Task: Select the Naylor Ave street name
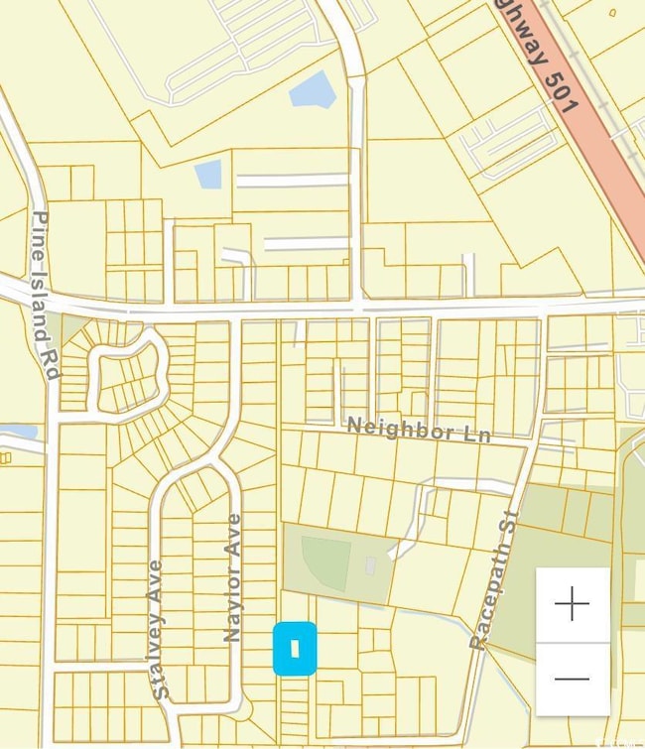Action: (233, 577)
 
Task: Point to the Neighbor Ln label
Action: (418, 431)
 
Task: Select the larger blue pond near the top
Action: (313, 89)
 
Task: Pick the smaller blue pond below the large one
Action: (208, 174)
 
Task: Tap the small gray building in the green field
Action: (370, 565)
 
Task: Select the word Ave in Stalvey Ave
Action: (156, 582)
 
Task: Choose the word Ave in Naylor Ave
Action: (234, 536)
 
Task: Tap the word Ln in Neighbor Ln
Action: (473, 435)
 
